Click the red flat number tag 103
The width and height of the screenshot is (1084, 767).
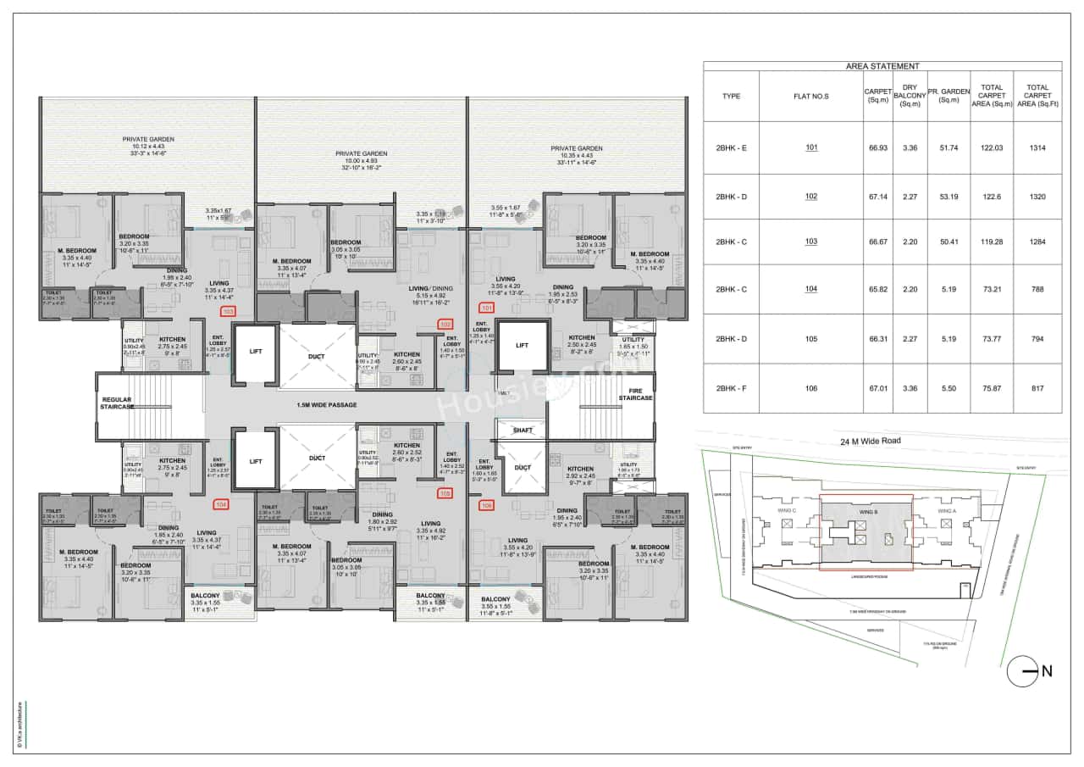tap(228, 311)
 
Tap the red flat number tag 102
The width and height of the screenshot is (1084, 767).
tap(445, 323)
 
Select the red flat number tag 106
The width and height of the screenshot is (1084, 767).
tap(486, 505)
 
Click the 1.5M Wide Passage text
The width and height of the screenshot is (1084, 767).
tap(326, 405)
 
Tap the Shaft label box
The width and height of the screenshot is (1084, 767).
tap(523, 430)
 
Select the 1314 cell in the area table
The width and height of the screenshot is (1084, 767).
tap(1037, 147)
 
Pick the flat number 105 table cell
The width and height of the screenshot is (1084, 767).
tap(811, 339)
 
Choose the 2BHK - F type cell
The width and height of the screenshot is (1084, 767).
tap(731, 388)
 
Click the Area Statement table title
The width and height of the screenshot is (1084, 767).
tap(882, 66)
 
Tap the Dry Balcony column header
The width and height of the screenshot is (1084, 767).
tap(910, 96)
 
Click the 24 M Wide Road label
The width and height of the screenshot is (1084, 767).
tap(871, 441)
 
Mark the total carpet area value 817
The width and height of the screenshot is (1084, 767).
tap(1037, 388)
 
